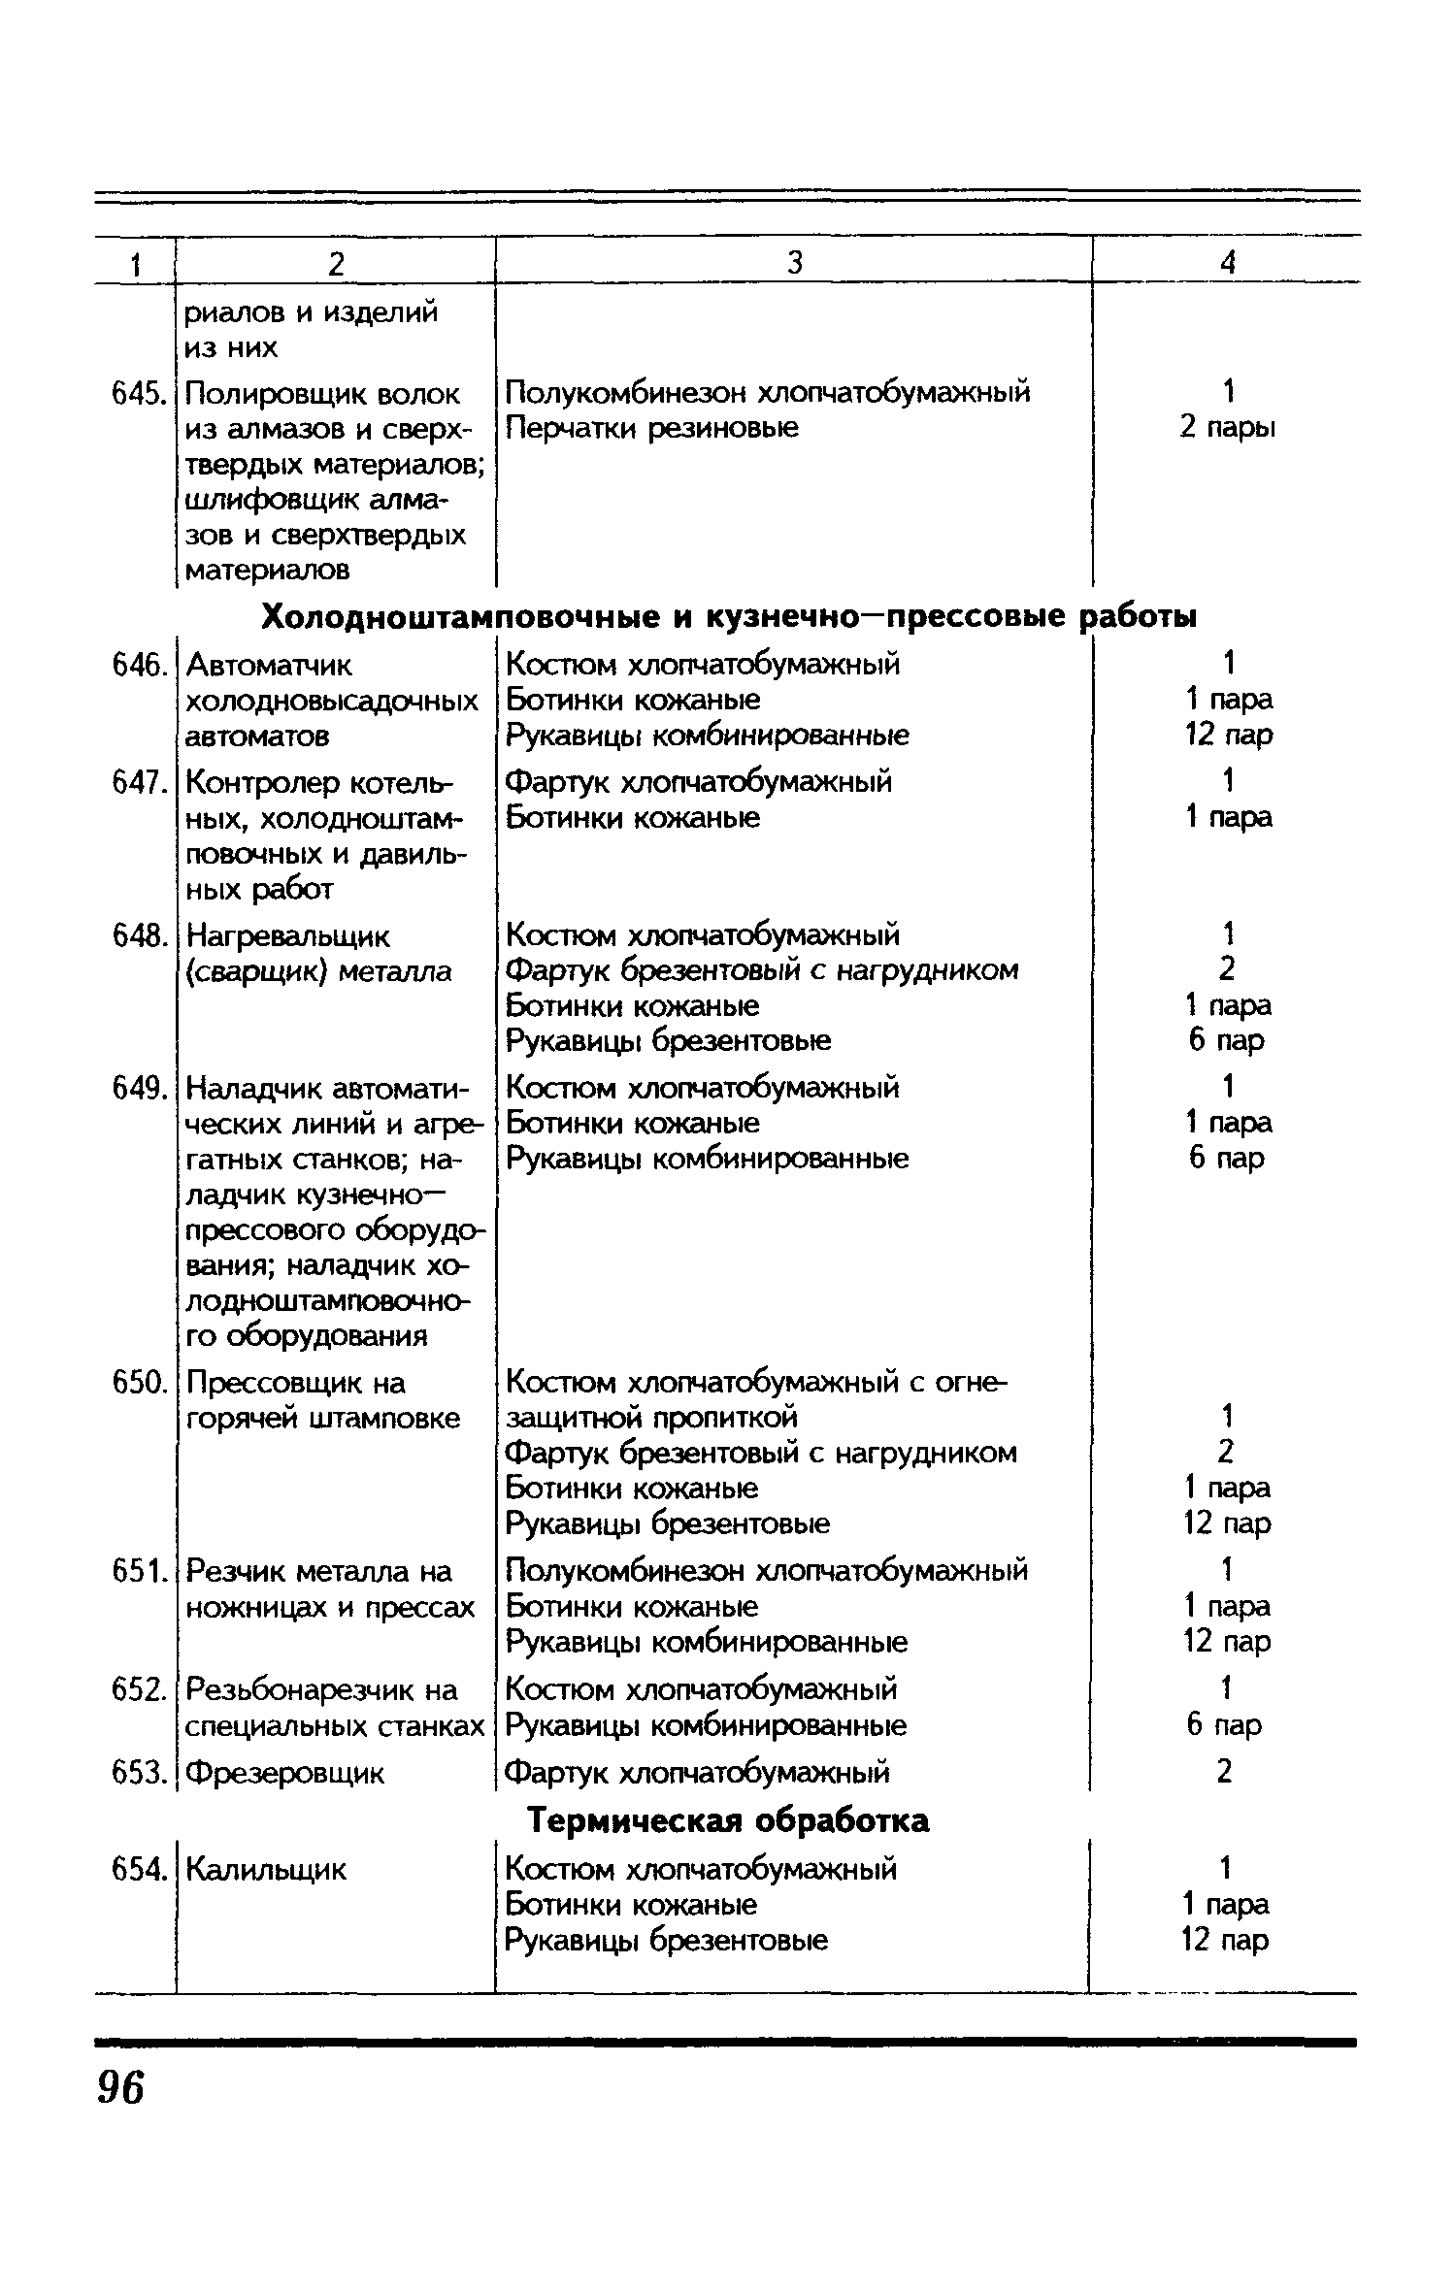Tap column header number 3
click(795, 262)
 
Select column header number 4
click(1228, 262)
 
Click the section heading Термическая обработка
click(728, 1821)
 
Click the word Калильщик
click(265, 1869)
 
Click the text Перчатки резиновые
click(652, 428)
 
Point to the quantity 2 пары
click(1227, 428)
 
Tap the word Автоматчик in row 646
click(269, 666)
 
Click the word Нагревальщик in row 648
click(287, 937)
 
